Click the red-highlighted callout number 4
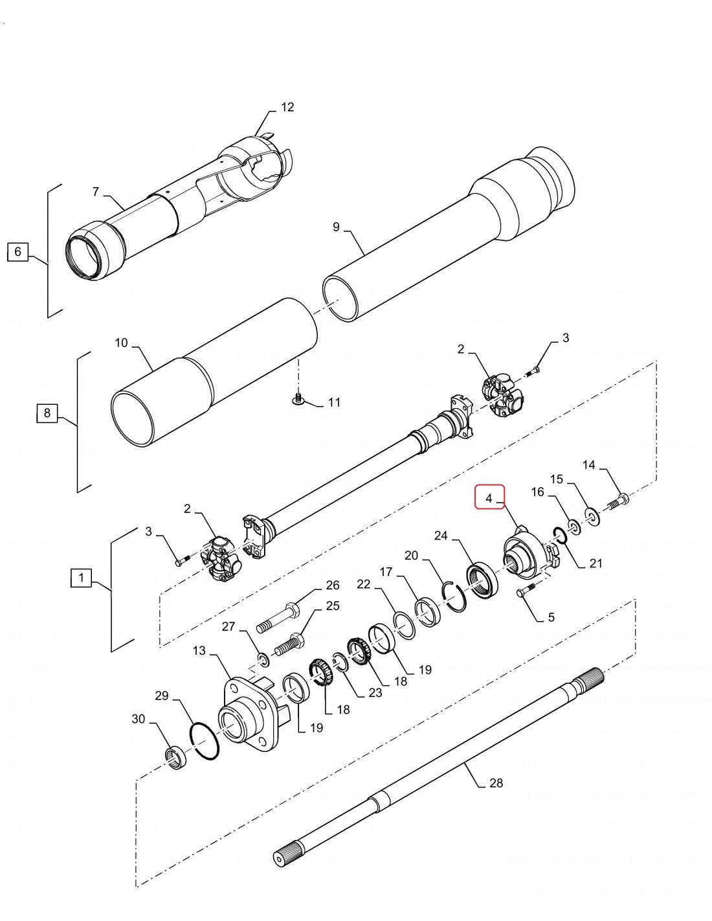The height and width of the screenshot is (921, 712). [x=489, y=497]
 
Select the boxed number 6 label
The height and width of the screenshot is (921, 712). [x=17, y=251]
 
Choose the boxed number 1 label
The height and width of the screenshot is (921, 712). [x=81, y=577]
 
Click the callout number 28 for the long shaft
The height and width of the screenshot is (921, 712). [x=496, y=783]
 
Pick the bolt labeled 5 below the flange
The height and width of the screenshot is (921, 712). [x=526, y=591]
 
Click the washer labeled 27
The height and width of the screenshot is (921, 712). [x=263, y=659]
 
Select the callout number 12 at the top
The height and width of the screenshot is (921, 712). [x=287, y=107]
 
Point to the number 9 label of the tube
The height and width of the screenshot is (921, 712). [x=336, y=227]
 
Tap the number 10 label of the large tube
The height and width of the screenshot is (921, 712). [x=122, y=343]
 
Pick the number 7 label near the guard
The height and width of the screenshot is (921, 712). [x=96, y=192]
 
